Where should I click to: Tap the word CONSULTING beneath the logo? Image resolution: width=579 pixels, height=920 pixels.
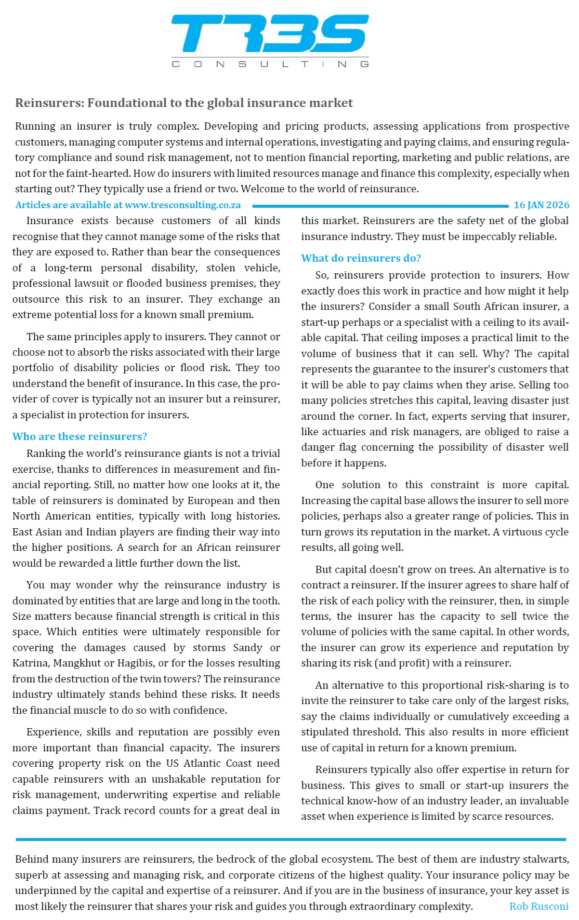[270, 64]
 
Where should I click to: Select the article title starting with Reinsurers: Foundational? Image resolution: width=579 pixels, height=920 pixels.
[184, 103]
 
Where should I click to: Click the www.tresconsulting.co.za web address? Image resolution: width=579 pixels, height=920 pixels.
[183, 205]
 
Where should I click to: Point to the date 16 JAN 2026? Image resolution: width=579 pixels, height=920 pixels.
[541, 205]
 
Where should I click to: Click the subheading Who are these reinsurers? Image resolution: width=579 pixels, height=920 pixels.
[79, 436]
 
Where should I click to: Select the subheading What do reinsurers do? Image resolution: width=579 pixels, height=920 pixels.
[361, 258]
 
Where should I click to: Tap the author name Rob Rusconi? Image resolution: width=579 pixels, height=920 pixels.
[539, 906]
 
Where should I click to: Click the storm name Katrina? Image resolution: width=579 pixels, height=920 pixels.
[30, 663]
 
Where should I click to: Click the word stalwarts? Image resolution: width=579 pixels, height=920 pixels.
[547, 859]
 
